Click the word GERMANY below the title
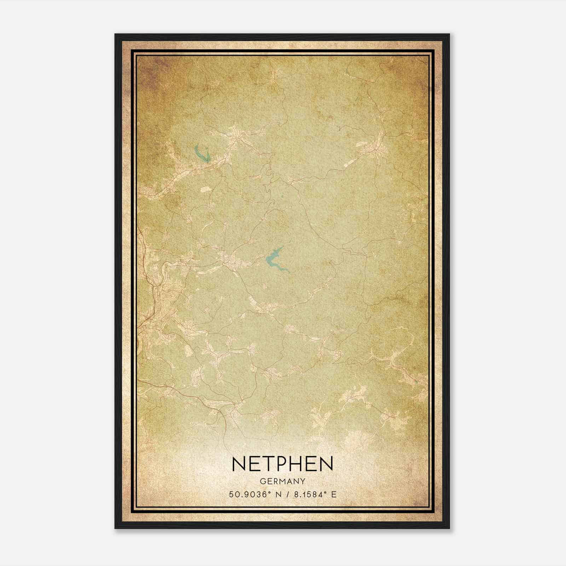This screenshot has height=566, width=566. click(x=283, y=481)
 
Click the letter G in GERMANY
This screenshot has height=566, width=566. click(x=262, y=481)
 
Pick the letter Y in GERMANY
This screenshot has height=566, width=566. click(x=303, y=481)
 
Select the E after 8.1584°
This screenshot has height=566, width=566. click(x=334, y=494)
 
